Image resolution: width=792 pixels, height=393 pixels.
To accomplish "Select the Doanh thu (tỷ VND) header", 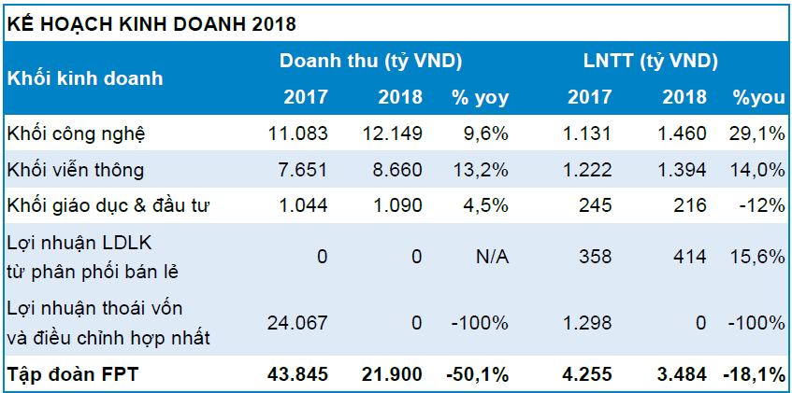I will click(372, 62).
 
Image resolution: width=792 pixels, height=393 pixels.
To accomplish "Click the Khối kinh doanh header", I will click(85, 77).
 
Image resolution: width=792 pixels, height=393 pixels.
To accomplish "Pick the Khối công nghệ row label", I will click(76, 133).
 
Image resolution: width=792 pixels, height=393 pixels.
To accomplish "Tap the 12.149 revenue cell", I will click(393, 133).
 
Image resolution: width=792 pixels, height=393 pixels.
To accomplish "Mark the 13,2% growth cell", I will click(480, 169).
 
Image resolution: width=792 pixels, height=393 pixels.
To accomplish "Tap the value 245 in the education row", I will click(596, 204).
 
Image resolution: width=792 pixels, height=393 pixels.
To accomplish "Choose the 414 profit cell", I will click(690, 256).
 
